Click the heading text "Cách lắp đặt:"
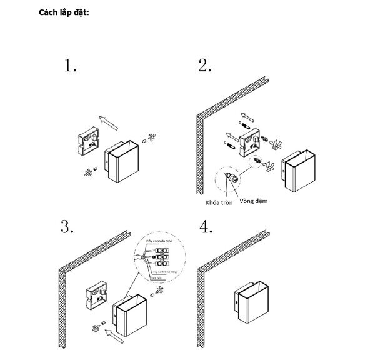[x=64, y=12]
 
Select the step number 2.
[x=204, y=66]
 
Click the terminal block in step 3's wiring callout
[x=164, y=256]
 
